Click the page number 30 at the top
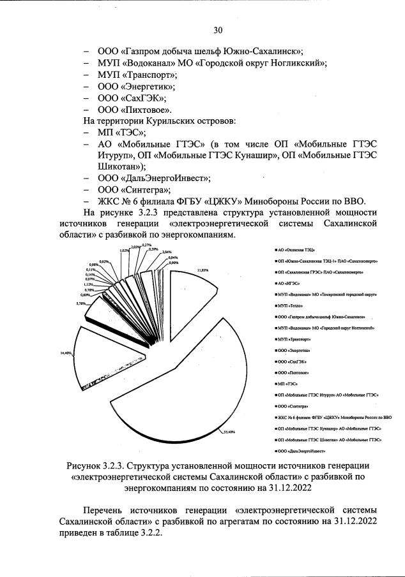[218, 30]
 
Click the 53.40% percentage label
[229, 433]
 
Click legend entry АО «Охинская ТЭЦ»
[294, 252]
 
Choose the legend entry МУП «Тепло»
[291, 307]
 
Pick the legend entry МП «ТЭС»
[289, 384]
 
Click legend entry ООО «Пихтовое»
[293, 372]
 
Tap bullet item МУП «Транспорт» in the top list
[136, 74]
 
